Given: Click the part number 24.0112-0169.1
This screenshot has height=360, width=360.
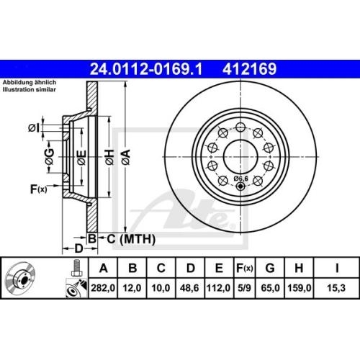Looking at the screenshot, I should [145, 70].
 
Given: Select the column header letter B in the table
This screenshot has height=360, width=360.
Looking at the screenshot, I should [133, 269].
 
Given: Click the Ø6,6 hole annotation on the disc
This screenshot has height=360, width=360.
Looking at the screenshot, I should [242, 177].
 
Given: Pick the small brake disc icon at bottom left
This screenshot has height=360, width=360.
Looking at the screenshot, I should [25, 281].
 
